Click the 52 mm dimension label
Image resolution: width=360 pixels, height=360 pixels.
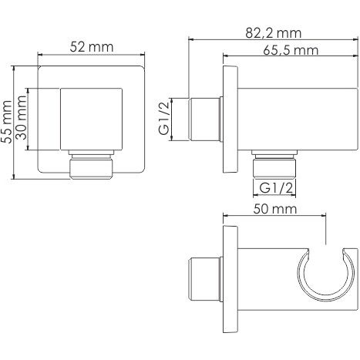coord(92,47)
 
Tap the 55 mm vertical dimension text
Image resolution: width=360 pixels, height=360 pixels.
coord(7,122)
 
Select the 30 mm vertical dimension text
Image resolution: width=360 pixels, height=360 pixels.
coord(22,117)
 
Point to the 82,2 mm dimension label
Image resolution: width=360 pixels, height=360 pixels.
coord(273,33)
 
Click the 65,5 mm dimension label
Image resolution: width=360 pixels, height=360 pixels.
coord(291,50)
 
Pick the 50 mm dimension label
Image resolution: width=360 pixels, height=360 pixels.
coord(275,209)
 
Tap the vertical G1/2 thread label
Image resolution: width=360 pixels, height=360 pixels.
coord(164,118)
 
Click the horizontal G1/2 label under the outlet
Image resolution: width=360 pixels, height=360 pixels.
coord(276,188)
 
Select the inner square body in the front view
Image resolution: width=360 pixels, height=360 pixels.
coord(91,119)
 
